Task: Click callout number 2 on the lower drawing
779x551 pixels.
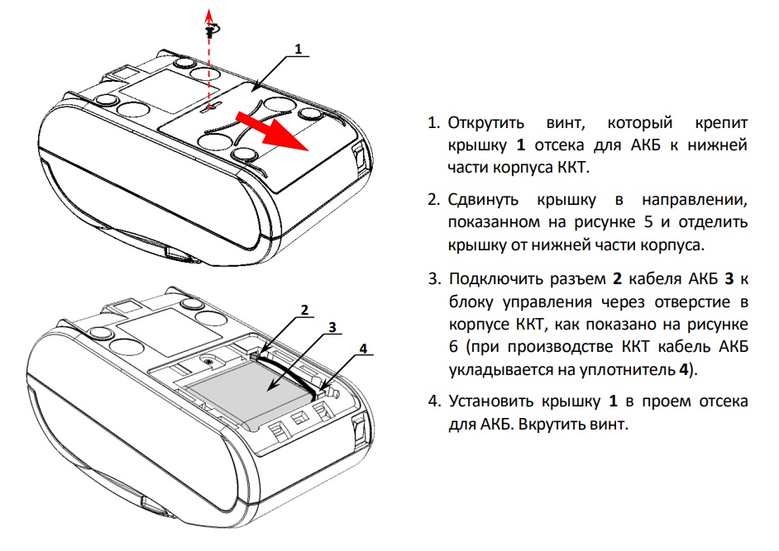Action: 304,311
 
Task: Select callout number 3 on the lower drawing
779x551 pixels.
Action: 332,327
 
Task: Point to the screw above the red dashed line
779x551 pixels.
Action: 211,29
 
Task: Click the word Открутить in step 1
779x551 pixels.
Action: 486,123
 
